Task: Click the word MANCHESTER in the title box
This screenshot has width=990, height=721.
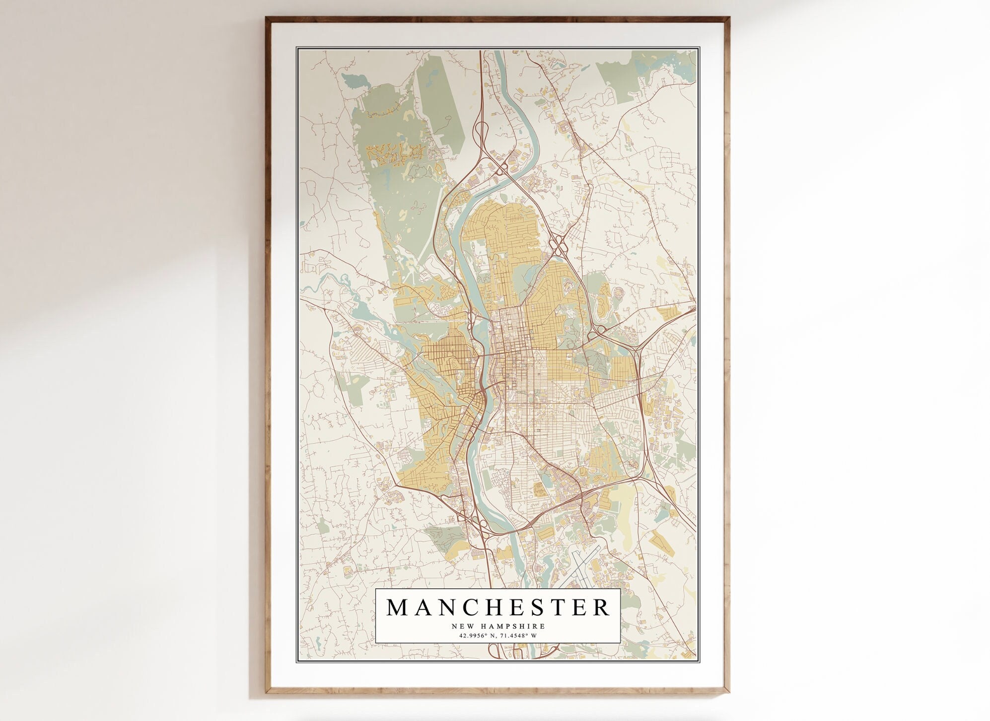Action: pos(497,607)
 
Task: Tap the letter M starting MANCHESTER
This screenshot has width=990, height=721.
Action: pos(396,607)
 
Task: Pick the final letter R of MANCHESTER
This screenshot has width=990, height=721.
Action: pos(601,607)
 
